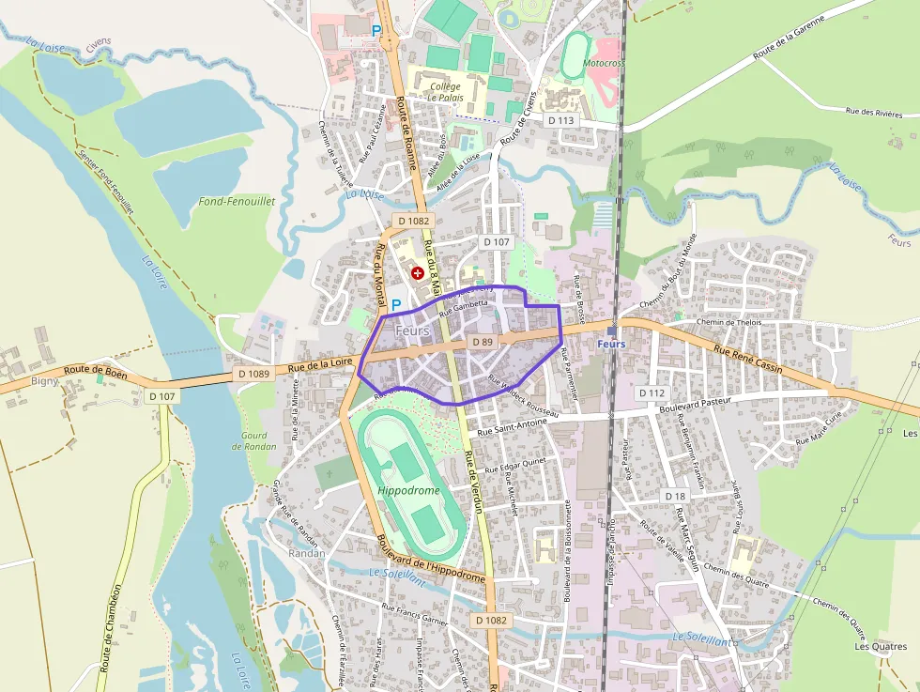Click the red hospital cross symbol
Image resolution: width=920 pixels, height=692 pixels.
[x=417, y=272]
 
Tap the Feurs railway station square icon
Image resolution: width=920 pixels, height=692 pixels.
[x=612, y=331]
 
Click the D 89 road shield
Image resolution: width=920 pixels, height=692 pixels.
[x=483, y=342]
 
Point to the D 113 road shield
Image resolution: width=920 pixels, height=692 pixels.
[x=560, y=120]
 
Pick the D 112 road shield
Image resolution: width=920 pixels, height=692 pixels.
[x=651, y=392]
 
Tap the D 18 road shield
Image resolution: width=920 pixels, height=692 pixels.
[x=675, y=496]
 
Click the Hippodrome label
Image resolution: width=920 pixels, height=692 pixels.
[x=408, y=490]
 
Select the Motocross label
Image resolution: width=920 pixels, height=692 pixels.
[x=604, y=63]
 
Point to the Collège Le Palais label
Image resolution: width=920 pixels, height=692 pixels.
[x=444, y=91]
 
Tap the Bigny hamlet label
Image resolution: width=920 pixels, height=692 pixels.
[x=44, y=380]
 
